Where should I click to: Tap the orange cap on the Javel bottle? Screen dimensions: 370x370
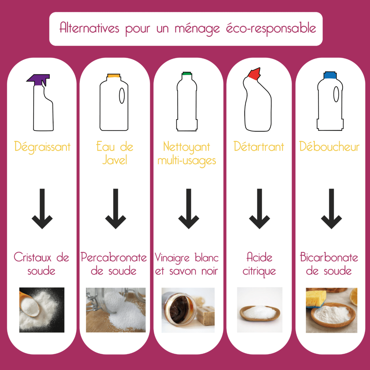pyautogui.click(x=114, y=76)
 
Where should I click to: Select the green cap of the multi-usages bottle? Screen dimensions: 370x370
pyautogui.click(x=187, y=74)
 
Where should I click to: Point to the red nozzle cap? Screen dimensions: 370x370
pyautogui.click(x=254, y=74)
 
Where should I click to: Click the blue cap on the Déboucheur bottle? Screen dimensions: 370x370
pyautogui.click(x=330, y=75)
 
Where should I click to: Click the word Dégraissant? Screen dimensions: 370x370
pyautogui.click(x=42, y=147)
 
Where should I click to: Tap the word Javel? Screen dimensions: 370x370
pyautogui.click(x=115, y=160)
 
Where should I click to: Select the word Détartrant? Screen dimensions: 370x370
pyautogui.click(x=259, y=147)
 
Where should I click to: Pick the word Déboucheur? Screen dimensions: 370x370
pyautogui.click(x=330, y=146)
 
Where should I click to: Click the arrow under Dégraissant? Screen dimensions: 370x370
pyautogui.click(x=42, y=208)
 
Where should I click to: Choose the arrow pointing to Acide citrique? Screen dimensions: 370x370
pyautogui.click(x=259, y=208)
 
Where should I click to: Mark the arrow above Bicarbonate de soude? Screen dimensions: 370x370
pyautogui.click(x=331, y=208)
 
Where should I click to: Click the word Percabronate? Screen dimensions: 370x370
pyautogui.click(x=114, y=257)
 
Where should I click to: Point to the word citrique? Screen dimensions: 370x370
pyautogui.click(x=259, y=271)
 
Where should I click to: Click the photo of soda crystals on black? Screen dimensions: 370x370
pyautogui.click(x=42, y=310)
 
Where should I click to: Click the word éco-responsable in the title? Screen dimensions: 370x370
pyautogui.click(x=271, y=29)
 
